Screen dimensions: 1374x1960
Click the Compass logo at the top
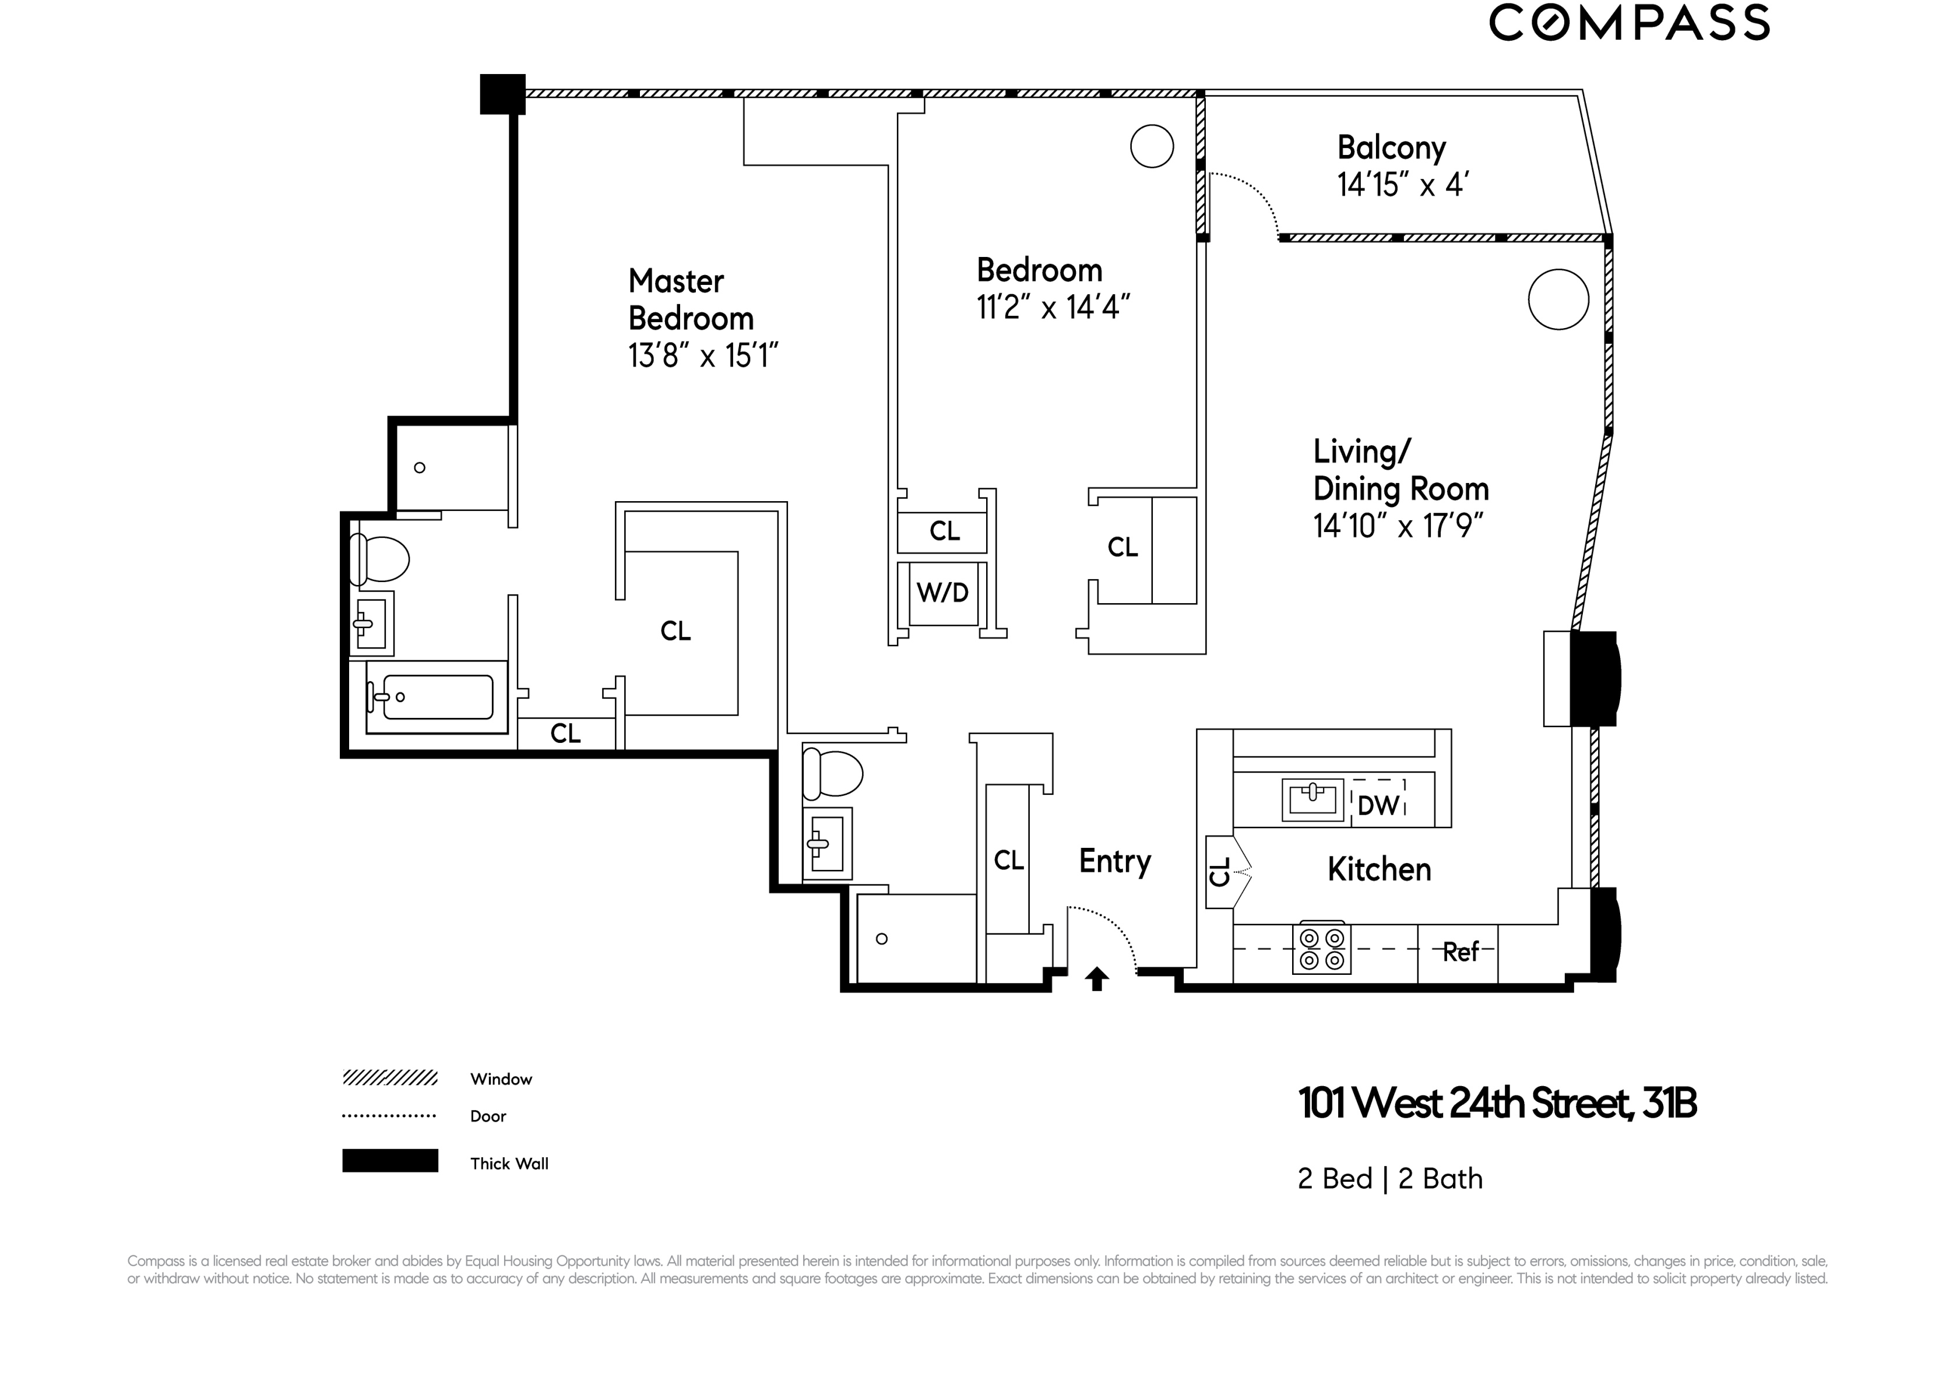(1629, 23)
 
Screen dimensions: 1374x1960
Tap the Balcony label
(1391, 147)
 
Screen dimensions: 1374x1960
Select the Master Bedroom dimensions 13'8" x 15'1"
(702, 355)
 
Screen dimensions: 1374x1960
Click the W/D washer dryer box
(942, 592)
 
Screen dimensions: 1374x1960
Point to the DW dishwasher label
(1378, 805)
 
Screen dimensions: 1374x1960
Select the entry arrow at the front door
(1097, 979)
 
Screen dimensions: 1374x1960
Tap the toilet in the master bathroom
(381, 560)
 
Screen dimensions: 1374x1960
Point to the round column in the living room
(1558, 300)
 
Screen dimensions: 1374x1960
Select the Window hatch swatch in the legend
(390, 1078)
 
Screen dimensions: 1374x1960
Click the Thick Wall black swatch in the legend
(390, 1161)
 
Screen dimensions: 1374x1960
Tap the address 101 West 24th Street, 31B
(1497, 1104)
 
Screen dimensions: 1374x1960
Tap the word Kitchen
(1379, 869)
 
